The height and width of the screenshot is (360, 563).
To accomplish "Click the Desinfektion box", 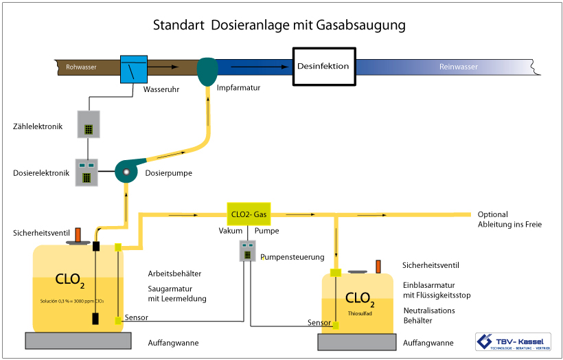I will click(x=323, y=67).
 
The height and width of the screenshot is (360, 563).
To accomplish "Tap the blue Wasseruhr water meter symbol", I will click(x=134, y=69).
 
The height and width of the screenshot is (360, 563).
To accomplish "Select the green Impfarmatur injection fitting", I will click(x=207, y=71).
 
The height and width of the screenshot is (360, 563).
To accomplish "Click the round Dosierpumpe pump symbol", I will click(x=127, y=172).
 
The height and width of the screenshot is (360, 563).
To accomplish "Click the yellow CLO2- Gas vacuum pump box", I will click(x=249, y=214).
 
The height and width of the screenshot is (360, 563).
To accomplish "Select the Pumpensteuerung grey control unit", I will click(x=248, y=251).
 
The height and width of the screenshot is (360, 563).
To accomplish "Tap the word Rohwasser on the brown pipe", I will click(x=81, y=67).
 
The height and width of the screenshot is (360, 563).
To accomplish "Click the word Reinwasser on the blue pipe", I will click(x=458, y=67).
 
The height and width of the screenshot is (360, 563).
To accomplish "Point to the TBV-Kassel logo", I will click(x=513, y=341).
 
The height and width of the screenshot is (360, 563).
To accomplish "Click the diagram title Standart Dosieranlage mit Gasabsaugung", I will click(x=279, y=25).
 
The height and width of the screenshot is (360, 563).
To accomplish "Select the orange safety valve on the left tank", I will click(x=78, y=235).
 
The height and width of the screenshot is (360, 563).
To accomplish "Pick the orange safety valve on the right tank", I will click(x=378, y=266).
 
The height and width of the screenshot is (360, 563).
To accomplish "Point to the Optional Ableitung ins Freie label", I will click(x=509, y=219).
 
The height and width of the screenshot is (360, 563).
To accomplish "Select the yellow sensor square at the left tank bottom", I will click(x=118, y=320).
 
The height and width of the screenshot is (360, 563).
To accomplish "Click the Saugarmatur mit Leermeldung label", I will click(x=177, y=293).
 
